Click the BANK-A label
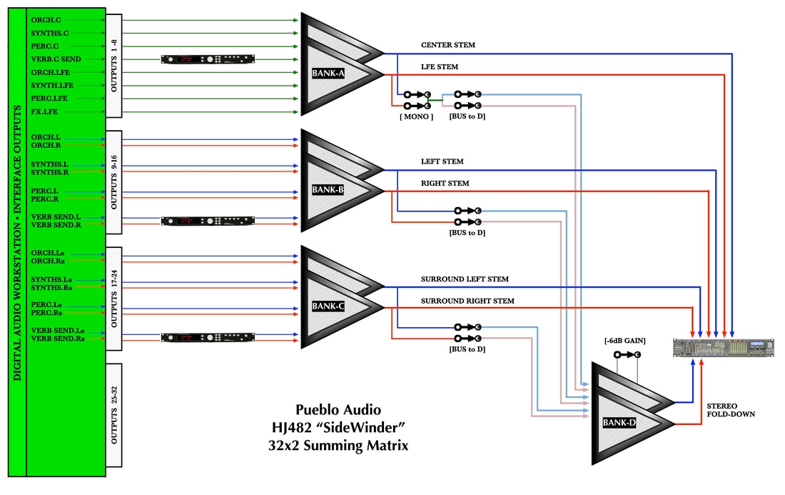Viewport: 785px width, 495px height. [x=328, y=73]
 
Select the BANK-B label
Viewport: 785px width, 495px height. [x=328, y=190]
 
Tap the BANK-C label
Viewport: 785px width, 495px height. [x=328, y=306]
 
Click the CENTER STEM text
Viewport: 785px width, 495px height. [x=447, y=45]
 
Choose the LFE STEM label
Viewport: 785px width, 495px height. [x=440, y=67]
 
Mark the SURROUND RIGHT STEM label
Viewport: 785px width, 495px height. [x=467, y=301]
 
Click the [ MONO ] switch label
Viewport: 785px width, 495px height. [x=416, y=116]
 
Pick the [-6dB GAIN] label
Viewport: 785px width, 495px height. [x=624, y=341]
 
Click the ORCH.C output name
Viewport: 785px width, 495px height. [x=46, y=19]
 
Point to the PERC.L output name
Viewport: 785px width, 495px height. [x=45, y=191]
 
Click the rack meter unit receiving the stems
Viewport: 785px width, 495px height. [x=724, y=348]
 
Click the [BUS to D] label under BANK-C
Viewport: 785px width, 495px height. [x=467, y=349]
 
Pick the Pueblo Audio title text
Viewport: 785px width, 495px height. [x=338, y=410]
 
